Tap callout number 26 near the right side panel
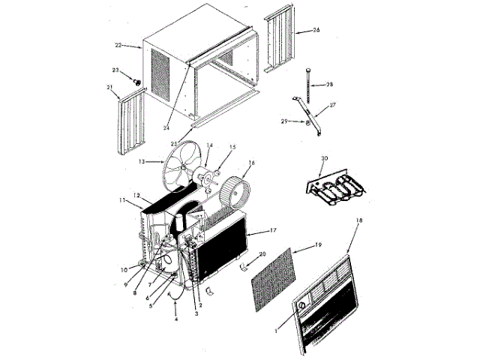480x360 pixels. (316, 30)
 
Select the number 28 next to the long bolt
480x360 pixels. (329, 85)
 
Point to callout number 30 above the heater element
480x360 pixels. (324, 159)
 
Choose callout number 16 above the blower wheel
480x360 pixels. (251, 162)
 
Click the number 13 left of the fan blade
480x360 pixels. (141, 161)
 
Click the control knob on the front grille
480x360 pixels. (300, 307)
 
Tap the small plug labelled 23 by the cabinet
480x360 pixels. (138, 79)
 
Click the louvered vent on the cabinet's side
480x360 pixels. (163, 74)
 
